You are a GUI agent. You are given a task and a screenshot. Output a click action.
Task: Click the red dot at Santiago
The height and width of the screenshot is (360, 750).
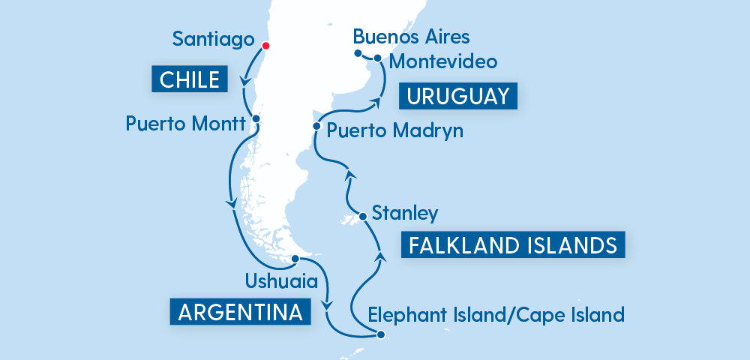264,45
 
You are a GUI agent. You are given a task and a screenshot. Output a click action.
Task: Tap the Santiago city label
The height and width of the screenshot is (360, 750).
211,38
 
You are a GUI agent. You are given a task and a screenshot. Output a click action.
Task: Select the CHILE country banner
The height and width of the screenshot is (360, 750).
190,79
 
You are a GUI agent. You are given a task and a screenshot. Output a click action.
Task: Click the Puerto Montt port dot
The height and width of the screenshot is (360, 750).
256,118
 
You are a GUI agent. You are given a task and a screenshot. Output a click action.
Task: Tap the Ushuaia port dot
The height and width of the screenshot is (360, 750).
295,259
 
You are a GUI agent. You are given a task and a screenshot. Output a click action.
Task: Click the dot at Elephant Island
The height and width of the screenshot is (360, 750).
381,335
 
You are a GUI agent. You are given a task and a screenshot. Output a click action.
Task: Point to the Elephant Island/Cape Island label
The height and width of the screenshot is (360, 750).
496,314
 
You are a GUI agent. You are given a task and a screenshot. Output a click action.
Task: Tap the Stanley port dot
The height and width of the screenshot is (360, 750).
363,217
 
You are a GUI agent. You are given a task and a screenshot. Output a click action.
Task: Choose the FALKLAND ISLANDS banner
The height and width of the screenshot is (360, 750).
513,245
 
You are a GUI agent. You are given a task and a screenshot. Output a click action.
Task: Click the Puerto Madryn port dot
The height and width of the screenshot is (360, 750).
316,126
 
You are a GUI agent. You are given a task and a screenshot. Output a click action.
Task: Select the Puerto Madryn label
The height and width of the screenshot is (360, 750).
395,130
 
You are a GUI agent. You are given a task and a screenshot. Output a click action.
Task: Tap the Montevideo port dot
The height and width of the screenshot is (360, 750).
378,58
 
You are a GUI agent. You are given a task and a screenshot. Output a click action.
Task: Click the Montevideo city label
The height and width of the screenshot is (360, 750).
445,59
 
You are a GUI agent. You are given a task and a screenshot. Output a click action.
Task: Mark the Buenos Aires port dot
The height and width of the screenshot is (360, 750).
358,52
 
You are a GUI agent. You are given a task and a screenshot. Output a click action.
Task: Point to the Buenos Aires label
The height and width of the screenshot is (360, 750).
411,36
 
